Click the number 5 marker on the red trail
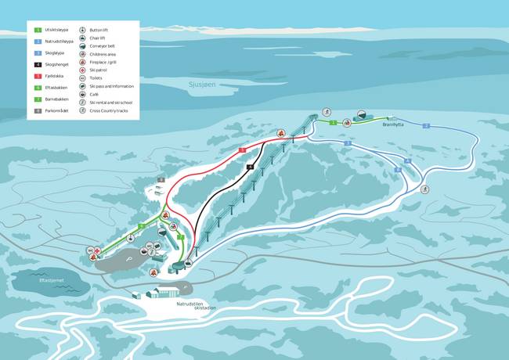click(243, 149)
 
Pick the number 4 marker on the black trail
click(249, 167)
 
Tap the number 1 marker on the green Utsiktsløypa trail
click(334, 123)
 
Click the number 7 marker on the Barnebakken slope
click(179, 236)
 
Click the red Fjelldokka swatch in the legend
click(37, 77)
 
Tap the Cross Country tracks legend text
click(113, 110)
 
